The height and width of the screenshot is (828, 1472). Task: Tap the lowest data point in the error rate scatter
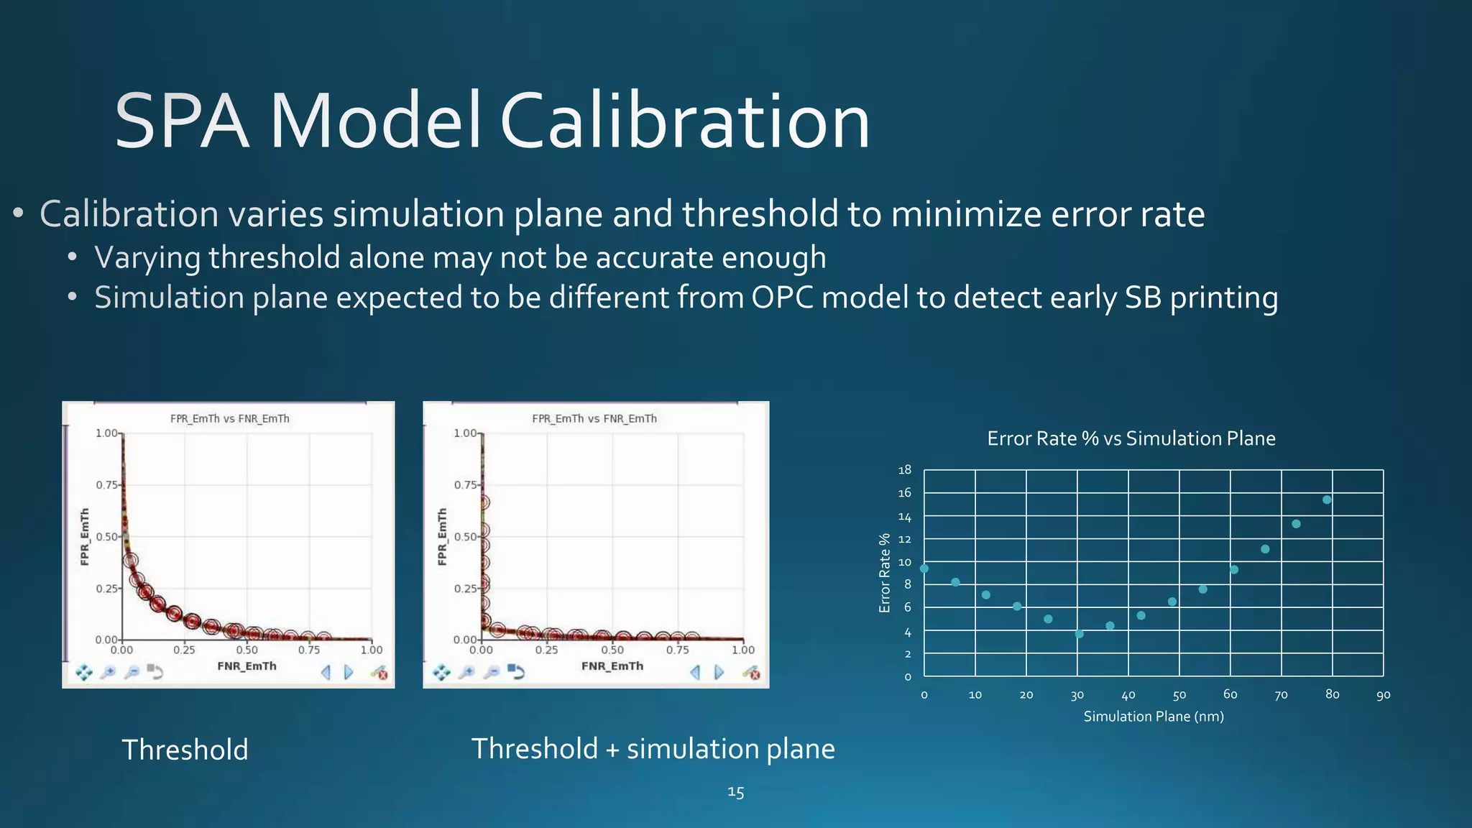1079,634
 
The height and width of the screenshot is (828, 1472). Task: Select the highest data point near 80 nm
1327,500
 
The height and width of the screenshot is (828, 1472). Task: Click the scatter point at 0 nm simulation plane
924,569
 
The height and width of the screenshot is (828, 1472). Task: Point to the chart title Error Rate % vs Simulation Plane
1131,438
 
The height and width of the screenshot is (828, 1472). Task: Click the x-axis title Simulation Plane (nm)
1153,716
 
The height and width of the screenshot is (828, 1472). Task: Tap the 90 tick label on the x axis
1383,695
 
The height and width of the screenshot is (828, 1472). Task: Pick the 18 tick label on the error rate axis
904,470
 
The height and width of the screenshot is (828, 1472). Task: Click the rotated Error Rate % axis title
885,573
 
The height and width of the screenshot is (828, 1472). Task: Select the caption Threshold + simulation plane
653,749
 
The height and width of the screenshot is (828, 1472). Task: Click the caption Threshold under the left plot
185,750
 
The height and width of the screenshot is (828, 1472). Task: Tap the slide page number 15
735,792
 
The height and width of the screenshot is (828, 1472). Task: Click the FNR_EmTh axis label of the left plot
247,666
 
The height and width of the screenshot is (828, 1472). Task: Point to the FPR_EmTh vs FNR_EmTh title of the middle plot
594,418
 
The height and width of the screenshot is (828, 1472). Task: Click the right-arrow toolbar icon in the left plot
349,672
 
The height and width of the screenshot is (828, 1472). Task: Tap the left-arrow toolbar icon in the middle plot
695,672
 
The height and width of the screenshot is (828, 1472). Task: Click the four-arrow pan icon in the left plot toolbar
84,672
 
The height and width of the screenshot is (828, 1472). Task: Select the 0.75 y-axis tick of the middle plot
464,485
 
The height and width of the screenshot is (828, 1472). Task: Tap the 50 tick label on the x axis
1179,695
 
